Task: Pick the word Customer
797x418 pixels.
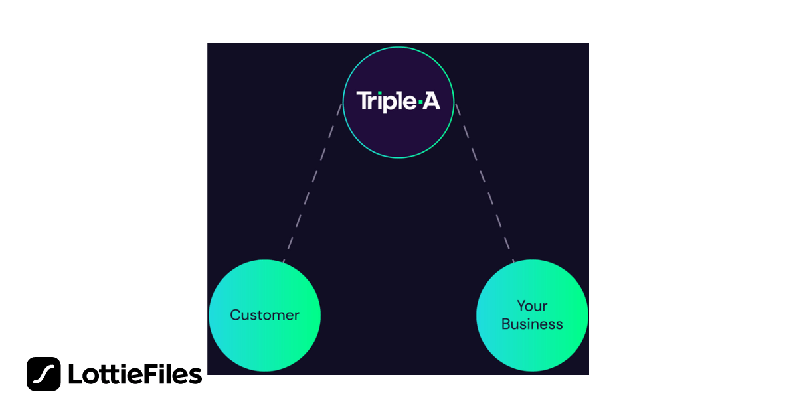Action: coord(264,315)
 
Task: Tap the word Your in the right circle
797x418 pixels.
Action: coord(532,306)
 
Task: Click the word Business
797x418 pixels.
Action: coord(532,324)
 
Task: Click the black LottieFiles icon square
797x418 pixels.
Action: coord(44,374)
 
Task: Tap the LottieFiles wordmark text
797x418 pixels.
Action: coord(135,375)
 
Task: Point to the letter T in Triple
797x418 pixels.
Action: coord(363,101)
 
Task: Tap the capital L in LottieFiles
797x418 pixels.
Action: coord(74,375)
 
